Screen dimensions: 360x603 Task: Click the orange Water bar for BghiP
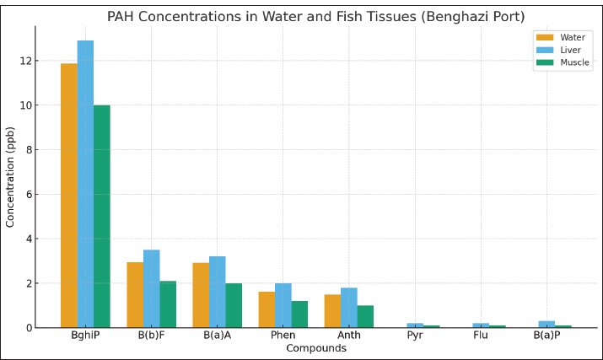68,196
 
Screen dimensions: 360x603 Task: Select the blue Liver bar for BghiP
85,184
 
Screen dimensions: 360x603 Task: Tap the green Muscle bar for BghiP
101,217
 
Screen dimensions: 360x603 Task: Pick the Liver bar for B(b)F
151,288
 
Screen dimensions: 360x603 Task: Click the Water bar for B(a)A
201,295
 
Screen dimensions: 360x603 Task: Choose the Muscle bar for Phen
299,314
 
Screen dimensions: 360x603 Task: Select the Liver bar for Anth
348,308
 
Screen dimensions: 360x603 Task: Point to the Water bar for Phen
267,309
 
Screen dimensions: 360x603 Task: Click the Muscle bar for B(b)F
168,304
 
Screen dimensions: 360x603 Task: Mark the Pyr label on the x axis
415,336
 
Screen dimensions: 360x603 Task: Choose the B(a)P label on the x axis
546,336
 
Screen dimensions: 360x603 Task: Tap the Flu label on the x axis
481,336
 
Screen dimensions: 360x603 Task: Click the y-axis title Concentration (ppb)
11,177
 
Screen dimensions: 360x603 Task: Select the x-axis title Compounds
315,348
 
